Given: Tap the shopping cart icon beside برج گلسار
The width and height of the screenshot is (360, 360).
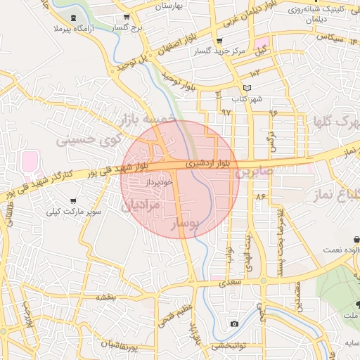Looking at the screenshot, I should [126, 18].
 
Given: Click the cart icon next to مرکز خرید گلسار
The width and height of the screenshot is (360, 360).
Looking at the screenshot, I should [219, 41].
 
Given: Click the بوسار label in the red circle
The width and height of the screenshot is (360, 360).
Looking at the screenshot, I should [186, 224].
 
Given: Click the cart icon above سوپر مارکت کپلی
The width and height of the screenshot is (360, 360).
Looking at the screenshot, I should [73, 200].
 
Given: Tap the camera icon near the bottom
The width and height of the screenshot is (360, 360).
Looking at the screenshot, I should [234, 323].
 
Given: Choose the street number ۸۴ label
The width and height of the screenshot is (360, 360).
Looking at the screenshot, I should [262, 196].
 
